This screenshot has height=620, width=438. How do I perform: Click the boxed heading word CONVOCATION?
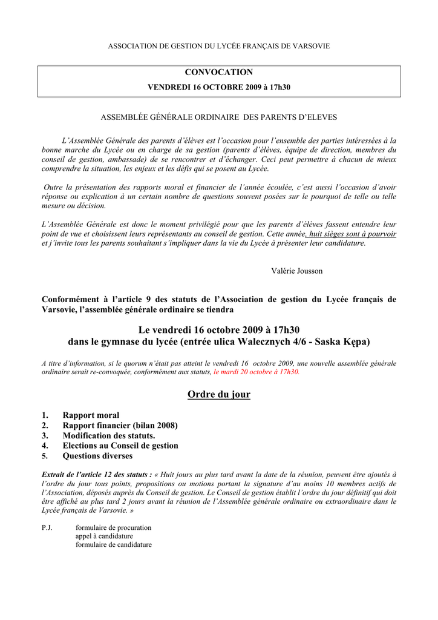click(x=219, y=73)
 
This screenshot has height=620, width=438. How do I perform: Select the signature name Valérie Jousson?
click(x=296, y=271)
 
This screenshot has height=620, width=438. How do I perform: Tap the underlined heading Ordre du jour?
click(x=219, y=395)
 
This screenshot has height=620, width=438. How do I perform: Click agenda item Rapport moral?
click(x=91, y=415)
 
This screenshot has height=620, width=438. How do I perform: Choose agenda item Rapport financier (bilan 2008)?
click(x=120, y=426)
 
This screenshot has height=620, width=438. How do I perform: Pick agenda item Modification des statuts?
click(x=109, y=436)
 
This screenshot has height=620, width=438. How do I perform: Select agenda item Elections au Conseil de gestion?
click(x=120, y=446)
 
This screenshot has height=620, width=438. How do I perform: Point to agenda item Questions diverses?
click(x=97, y=456)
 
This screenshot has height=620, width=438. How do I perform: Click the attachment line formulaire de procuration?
click(x=113, y=527)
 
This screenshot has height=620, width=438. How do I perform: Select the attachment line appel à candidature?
click(x=104, y=536)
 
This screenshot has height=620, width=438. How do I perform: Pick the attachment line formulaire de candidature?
click(x=113, y=544)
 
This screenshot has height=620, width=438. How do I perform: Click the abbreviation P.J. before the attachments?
click(x=47, y=527)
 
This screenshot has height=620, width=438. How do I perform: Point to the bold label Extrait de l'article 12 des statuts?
click(x=96, y=475)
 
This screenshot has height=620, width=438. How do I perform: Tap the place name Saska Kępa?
click(x=342, y=342)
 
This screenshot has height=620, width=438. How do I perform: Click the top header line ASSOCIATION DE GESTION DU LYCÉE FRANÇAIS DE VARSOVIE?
click(x=219, y=47)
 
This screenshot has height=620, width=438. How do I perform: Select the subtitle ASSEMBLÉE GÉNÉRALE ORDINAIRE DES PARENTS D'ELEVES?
click(x=219, y=117)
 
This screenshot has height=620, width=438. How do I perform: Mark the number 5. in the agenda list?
click(x=45, y=456)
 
